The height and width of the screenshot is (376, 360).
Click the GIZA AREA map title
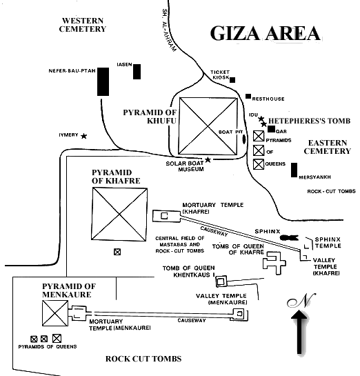point(265,33)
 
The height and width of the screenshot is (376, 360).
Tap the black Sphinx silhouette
point(289,237)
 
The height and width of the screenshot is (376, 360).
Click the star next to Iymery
point(83,136)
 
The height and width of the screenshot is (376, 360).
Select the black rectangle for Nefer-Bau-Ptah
point(103,81)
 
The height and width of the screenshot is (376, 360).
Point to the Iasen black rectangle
point(137,72)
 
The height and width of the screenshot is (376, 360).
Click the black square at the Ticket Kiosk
point(232,80)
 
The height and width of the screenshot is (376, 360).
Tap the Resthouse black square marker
point(248,96)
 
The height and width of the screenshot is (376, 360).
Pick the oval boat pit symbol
point(244,139)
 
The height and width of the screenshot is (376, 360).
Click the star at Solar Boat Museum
point(208,159)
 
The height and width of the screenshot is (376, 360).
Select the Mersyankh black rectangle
point(294,170)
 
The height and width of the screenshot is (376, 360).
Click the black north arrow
point(299,332)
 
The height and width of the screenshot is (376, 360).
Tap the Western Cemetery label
point(83,25)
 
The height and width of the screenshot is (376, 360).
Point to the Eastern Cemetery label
point(328,147)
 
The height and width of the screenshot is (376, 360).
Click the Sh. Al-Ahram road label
point(169,30)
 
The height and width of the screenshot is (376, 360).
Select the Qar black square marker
point(271,129)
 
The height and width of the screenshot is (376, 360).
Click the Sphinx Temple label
point(328,242)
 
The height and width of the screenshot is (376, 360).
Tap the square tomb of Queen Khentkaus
point(221,281)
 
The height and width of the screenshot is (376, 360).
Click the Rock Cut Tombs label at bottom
point(143,359)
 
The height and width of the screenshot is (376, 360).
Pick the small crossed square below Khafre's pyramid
point(117,252)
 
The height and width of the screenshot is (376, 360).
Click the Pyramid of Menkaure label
point(69,290)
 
